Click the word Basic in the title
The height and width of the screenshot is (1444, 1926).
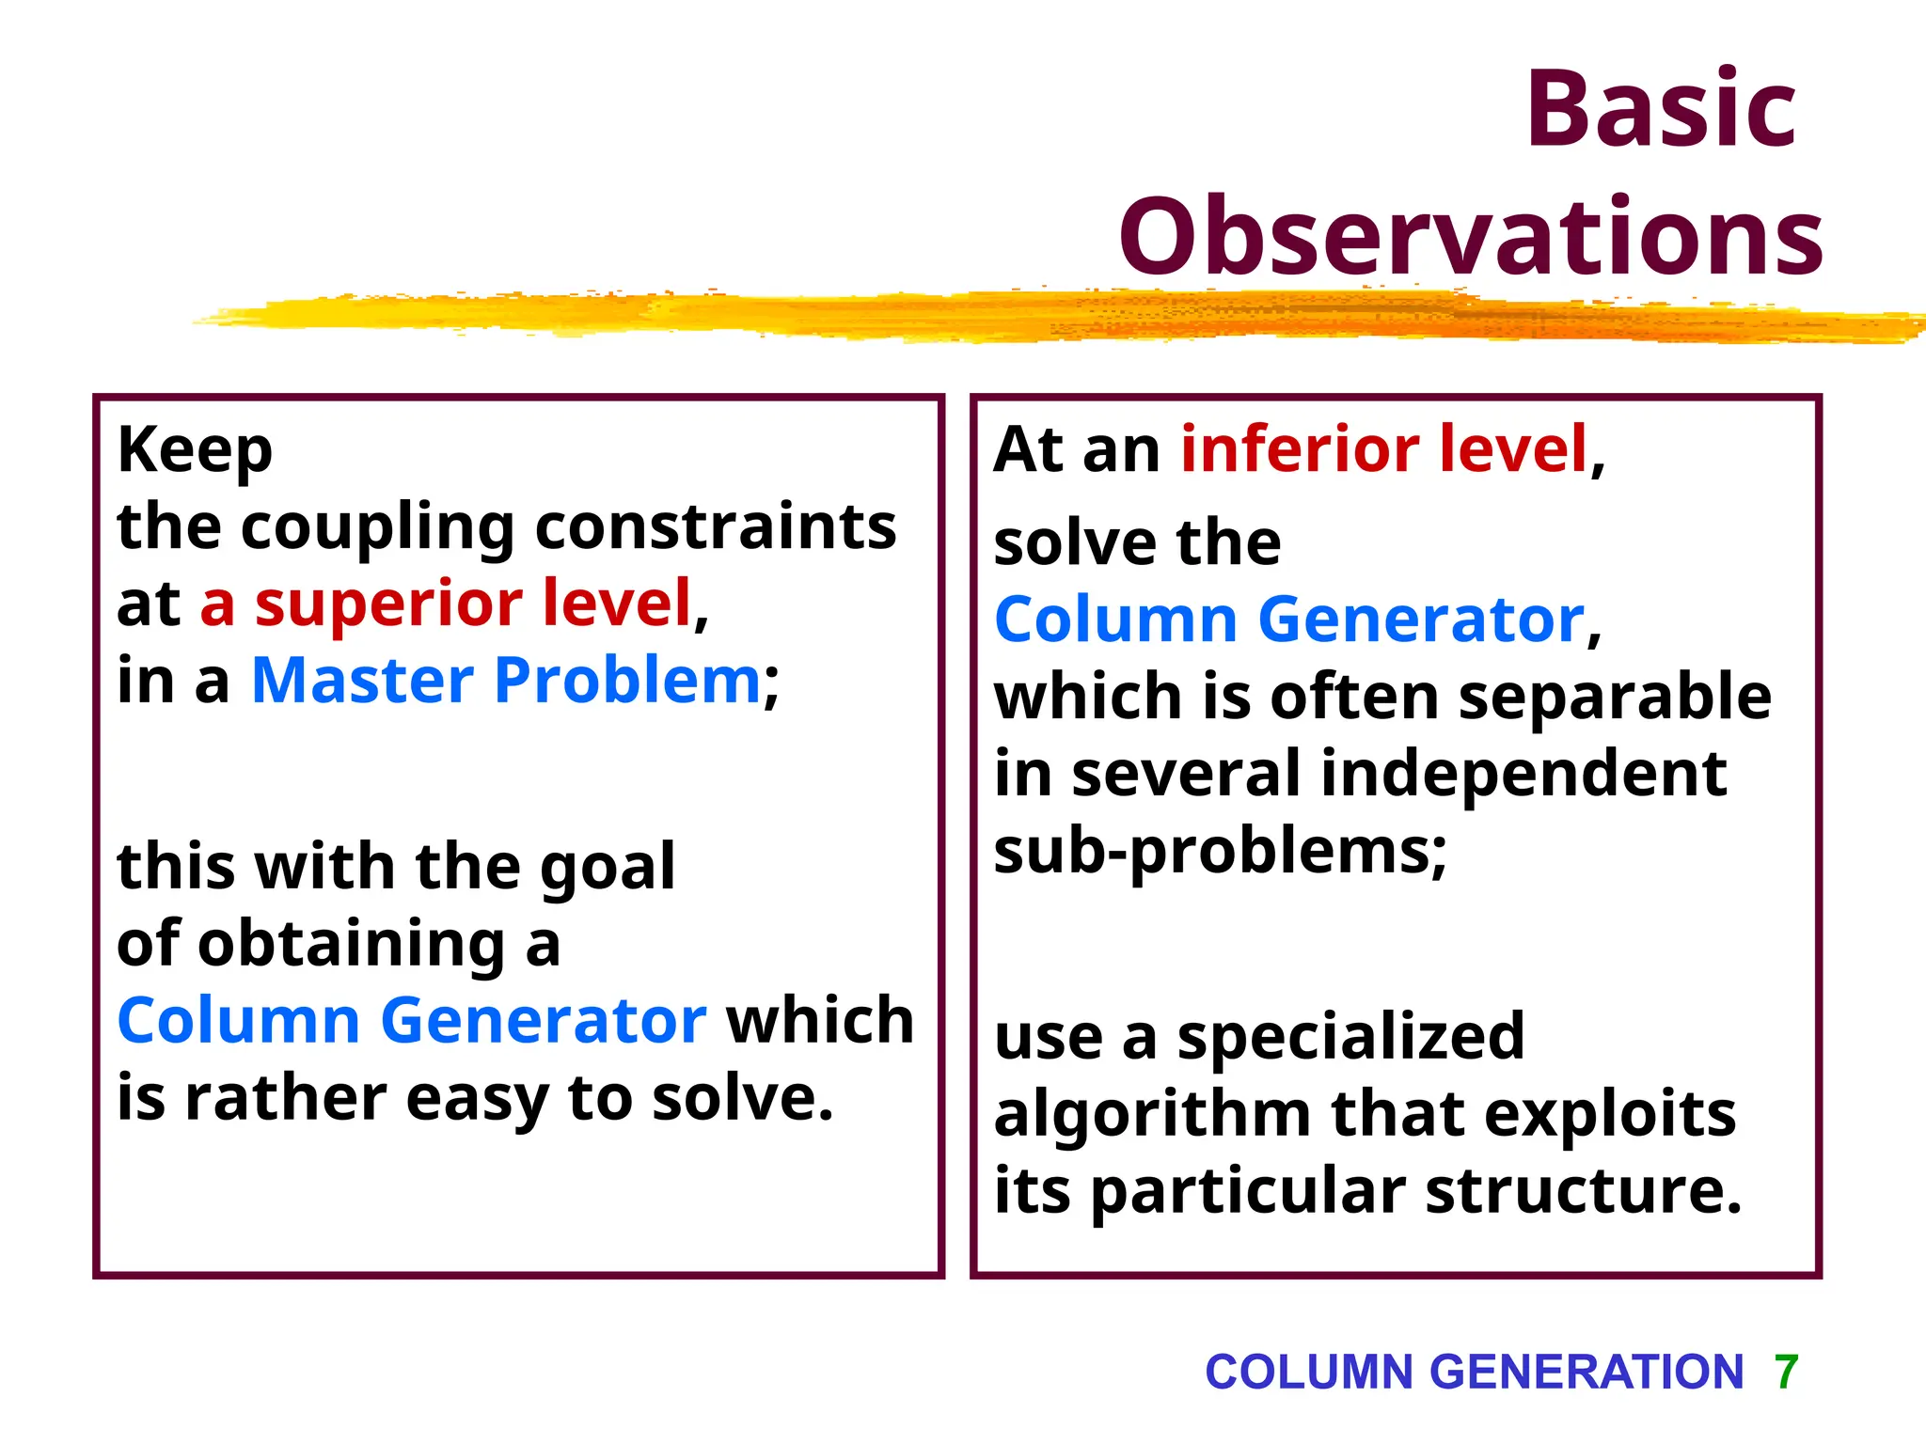click(x=1661, y=110)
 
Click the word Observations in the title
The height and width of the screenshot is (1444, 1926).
click(x=1471, y=237)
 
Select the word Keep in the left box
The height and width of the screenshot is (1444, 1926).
click(x=195, y=450)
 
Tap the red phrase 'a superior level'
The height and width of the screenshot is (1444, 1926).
click(x=446, y=604)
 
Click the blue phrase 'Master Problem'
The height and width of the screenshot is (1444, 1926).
click(x=505, y=680)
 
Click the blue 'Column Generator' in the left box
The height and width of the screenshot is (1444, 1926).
click(x=411, y=1020)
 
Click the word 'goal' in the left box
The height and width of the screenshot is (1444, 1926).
click(x=608, y=867)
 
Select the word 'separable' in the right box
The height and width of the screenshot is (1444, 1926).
click(x=1614, y=697)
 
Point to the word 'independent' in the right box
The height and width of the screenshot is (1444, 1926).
click(x=1523, y=774)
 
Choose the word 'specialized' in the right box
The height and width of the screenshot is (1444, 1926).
click(x=1350, y=1037)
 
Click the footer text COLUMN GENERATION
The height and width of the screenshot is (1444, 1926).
click(x=1474, y=1372)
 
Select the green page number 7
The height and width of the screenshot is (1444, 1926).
click(x=1786, y=1372)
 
